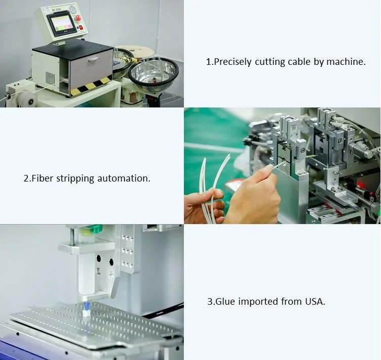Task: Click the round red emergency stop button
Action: [x=78, y=18]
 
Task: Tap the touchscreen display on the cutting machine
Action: [x=60, y=24]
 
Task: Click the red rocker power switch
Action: [x=81, y=27]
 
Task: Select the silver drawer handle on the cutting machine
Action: [x=94, y=59]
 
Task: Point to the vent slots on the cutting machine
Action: [x=50, y=78]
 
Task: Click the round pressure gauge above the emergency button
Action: [x=72, y=9]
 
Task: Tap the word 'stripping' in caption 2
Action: [x=75, y=178]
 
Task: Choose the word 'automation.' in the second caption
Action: [x=124, y=178]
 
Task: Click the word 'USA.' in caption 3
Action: [x=315, y=302]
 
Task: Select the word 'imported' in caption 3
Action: [x=258, y=302]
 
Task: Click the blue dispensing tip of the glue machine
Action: [x=86, y=306]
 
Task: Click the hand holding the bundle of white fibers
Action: [x=204, y=207]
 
